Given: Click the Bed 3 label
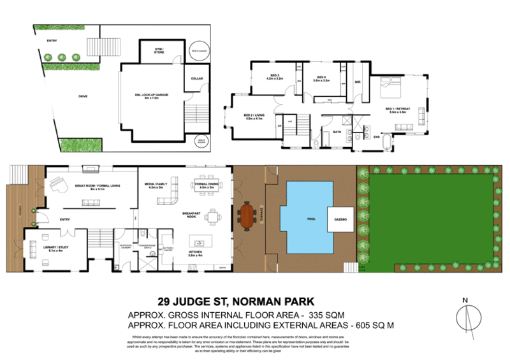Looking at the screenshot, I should pyautogui.click(x=274, y=78).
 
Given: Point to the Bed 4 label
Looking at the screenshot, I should pyautogui.click(x=321, y=78).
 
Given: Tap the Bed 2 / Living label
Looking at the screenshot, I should pyautogui.click(x=253, y=117).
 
